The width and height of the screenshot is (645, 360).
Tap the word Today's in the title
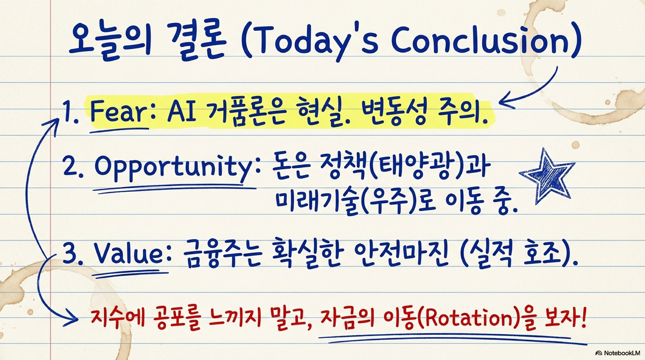[x=318, y=43]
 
